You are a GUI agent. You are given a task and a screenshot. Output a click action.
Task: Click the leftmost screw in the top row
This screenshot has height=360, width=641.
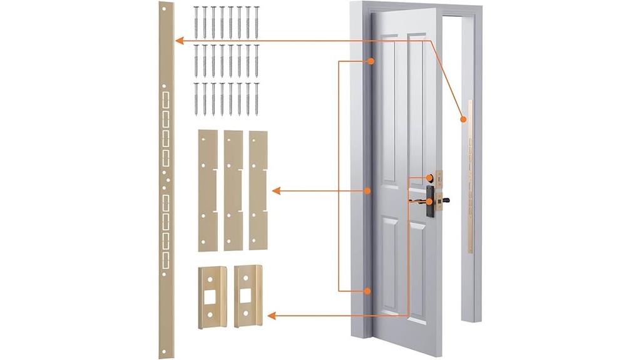click(x=196, y=23)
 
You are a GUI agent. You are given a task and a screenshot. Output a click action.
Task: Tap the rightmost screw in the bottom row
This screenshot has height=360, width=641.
click(x=256, y=99)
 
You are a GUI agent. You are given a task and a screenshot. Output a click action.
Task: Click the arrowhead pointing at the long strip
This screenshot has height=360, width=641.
click(x=179, y=41)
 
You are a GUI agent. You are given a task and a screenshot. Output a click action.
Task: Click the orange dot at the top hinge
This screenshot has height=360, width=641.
click(x=371, y=61)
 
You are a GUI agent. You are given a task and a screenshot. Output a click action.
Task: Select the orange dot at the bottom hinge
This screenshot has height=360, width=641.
click(x=369, y=291)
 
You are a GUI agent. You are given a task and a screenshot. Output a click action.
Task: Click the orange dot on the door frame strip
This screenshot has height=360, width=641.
click(x=464, y=118)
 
